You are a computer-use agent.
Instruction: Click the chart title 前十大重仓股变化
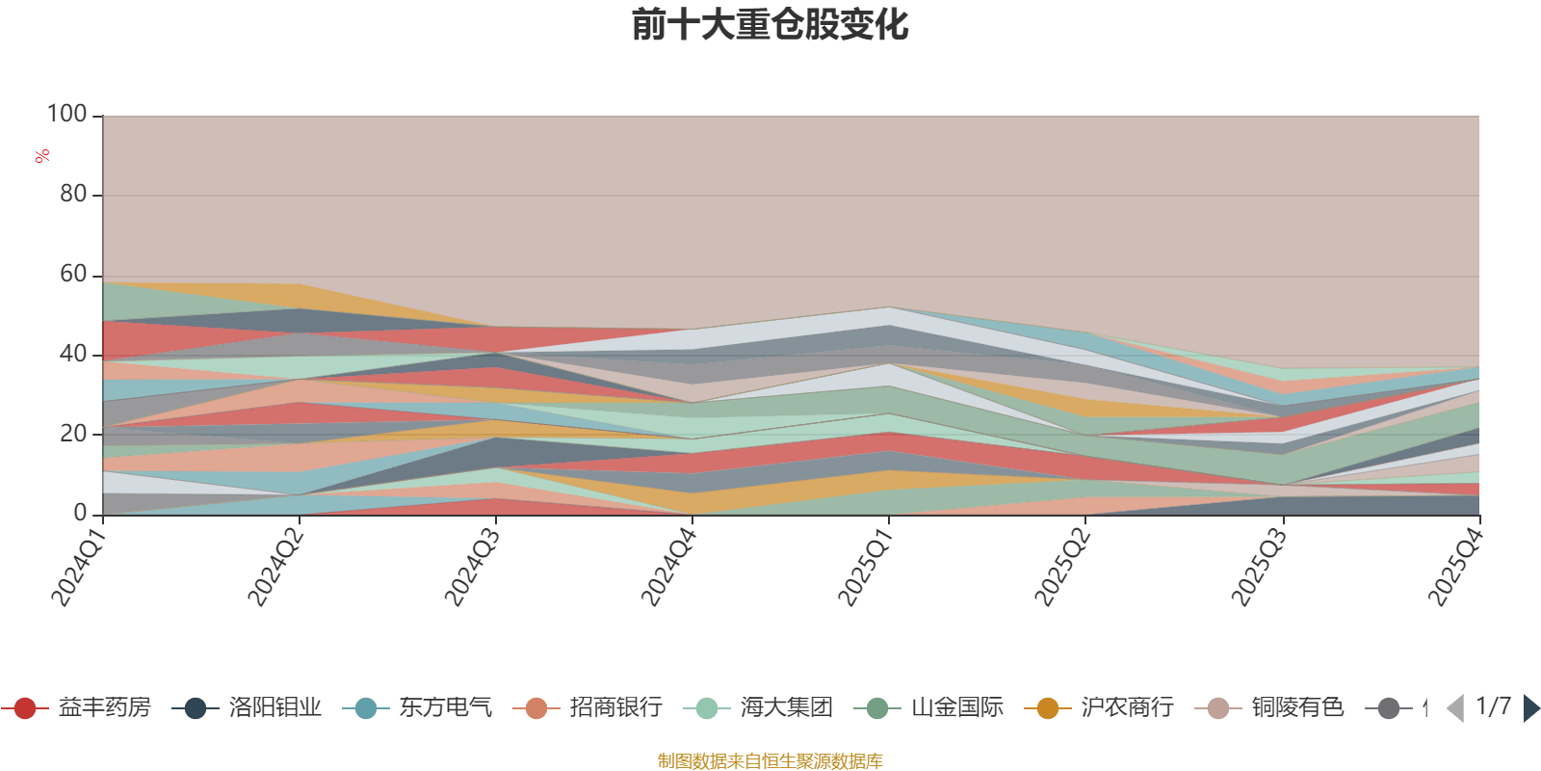click(x=770, y=25)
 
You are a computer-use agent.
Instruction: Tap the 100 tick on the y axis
click(x=67, y=114)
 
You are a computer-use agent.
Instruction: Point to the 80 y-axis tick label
click(x=73, y=194)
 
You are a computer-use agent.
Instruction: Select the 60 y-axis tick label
click(x=73, y=274)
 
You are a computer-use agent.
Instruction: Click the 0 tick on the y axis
click(x=81, y=513)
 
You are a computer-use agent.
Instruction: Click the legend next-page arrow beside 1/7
click(x=1530, y=708)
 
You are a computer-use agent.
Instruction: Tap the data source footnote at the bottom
click(x=770, y=761)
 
